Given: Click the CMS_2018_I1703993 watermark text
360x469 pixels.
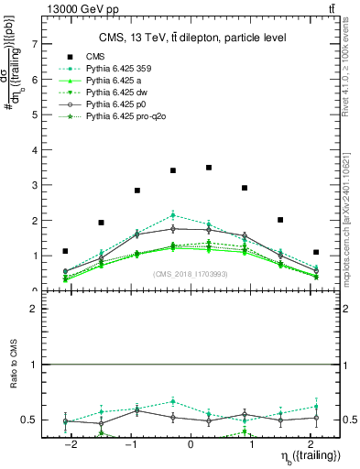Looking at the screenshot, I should [x=191, y=275].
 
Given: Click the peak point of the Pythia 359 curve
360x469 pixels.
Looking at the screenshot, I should [x=173, y=215].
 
